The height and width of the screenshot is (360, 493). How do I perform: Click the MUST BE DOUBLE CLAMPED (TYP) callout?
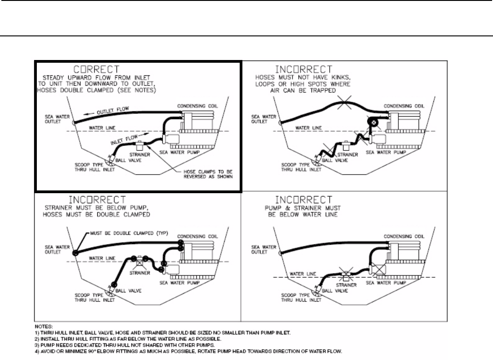coord(129,234)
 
